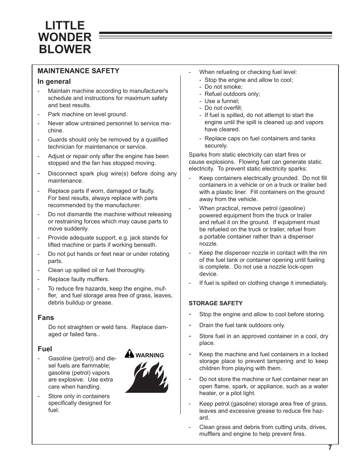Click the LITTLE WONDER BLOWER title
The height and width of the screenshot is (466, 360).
[x=65, y=37]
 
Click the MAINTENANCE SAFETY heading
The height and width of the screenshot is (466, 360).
[x=78, y=71]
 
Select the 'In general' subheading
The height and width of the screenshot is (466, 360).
[x=54, y=82]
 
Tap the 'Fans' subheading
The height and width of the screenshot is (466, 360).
[x=46, y=318]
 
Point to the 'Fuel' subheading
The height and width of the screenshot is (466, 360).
[x=45, y=349]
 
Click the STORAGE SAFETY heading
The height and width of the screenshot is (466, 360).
[x=215, y=303]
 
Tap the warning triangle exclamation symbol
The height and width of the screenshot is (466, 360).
[x=129, y=354]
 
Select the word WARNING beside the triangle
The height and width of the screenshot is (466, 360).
[x=149, y=355]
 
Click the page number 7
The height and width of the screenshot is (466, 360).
[x=330, y=448]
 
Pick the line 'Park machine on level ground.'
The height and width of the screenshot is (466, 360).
[x=88, y=114]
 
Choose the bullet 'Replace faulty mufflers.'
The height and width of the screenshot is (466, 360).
[x=78, y=279]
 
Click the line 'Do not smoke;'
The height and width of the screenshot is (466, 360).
[x=223, y=87]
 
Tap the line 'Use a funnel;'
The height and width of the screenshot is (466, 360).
[x=222, y=101]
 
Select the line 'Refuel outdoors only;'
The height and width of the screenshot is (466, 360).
[x=232, y=94]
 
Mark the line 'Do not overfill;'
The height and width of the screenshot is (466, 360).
[x=223, y=108]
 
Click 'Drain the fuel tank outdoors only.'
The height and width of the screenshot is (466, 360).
[x=242, y=325]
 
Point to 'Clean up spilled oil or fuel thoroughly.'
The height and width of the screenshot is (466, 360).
[x=97, y=270]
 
